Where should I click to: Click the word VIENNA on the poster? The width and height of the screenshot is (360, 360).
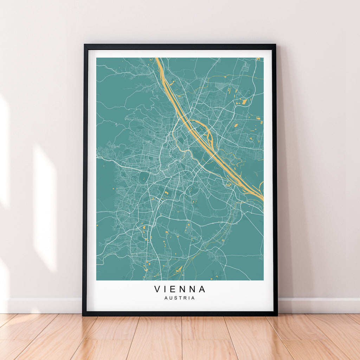pyautogui.click(x=180, y=289)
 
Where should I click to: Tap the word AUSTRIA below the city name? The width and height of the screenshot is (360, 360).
pyautogui.click(x=180, y=298)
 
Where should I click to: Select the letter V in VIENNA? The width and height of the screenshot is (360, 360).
pyautogui.click(x=157, y=289)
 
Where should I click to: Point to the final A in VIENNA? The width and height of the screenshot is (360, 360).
pyautogui.click(x=202, y=289)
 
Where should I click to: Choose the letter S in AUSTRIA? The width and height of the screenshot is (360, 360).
pyautogui.click(x=176, y=298)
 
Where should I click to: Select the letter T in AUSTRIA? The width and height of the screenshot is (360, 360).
pyautogui.click(x=180, y=298)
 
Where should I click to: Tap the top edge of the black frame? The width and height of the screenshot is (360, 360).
pyautogui.click(x=180, y=46)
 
